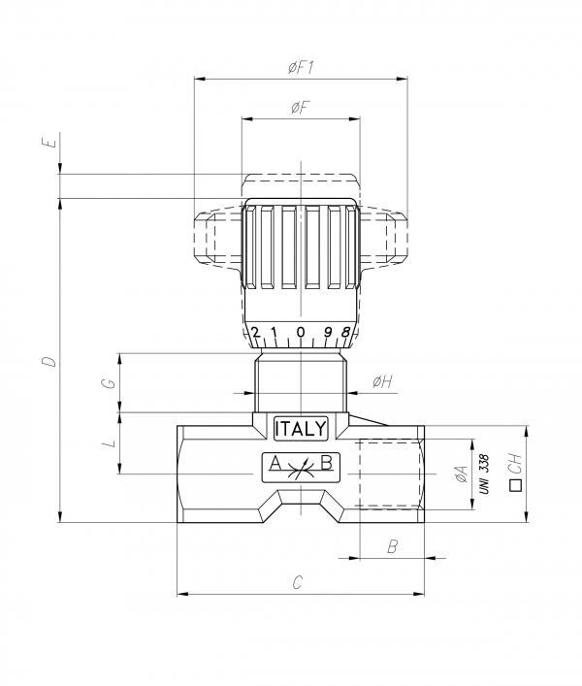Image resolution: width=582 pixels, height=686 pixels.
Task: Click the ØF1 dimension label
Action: click(x=302, y=67)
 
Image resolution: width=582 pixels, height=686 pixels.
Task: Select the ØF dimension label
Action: click(x=301, y=107)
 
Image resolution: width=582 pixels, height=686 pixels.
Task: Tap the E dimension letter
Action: click(x=50, y=143)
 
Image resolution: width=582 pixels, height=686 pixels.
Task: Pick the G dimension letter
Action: click(x=109, y=383)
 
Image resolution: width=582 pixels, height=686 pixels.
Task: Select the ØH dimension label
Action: click(x=382, y=382)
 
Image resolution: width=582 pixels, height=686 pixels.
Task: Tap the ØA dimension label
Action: click(x=462, y=474)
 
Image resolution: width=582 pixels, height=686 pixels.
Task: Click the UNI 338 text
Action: click(x=484, y=474)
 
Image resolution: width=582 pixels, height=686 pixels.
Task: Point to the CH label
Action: click(x=516, y=463)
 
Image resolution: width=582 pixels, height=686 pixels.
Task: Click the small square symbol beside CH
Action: click(x=516, y=485)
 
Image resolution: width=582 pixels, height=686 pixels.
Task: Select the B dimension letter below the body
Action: click(x=393, y=546)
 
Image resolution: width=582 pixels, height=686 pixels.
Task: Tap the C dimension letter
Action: click(x=298, y=583)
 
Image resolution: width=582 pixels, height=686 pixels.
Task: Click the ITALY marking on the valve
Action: click(x=301, y=428)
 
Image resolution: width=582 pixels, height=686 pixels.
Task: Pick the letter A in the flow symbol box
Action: click(x=275, y=463)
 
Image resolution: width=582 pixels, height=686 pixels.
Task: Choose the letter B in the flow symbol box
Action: click(x=327, y=463)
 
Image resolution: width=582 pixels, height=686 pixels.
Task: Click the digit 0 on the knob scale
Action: click(x=301, y=332)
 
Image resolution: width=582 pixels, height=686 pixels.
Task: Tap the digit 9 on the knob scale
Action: click(x=328, y=333)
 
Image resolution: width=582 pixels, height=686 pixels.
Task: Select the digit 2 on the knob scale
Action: click(x=256, y=333)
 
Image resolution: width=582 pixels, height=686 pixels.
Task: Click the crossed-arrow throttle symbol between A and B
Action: click(x=301, y=469)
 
